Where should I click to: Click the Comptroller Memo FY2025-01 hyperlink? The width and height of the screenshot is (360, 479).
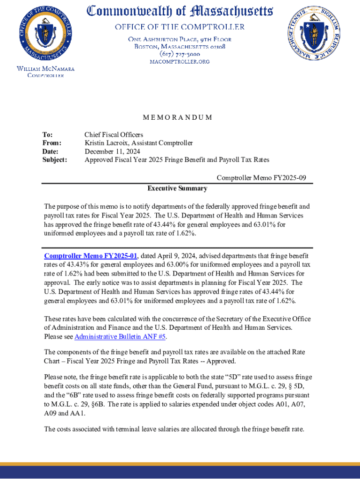tap(91, 256)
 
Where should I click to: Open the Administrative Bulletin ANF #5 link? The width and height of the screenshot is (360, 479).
tap(120, 337)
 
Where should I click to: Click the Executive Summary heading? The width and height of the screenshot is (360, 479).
tap(177, 189)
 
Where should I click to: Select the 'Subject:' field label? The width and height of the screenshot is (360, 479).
tap(55, 160)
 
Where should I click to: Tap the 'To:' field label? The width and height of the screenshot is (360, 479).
tap(48, 135)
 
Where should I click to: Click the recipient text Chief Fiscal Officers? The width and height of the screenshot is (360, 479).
tap(114, 135)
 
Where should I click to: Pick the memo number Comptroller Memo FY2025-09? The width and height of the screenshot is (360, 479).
tap(261, 178)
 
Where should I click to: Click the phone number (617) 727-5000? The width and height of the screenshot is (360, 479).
tap(180, 54)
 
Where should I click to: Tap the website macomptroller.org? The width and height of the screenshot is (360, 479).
tap(180, 62)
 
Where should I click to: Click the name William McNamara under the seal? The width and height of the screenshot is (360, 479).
tap(45, 69)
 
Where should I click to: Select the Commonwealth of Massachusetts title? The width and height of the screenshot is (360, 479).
tap(180, 10)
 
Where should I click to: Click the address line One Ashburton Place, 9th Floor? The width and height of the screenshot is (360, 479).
tap(180, 39)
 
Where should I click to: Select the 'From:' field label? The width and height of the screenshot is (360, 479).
tap(52, 143)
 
